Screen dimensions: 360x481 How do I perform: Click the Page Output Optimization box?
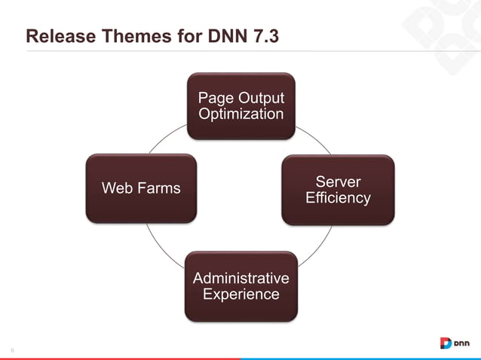(x=240, y=105)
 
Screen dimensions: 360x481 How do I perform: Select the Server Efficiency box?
(x=337, y=190)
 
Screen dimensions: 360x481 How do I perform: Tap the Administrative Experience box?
(x=240, y=286)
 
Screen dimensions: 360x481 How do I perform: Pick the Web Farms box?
(x=141, y=188)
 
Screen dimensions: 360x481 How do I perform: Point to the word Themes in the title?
(x=128, y=35)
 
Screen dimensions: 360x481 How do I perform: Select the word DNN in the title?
(x=227, y=35)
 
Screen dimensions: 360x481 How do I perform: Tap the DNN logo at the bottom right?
(x=455, y=343)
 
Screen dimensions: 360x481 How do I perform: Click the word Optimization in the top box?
(x=240, y=114)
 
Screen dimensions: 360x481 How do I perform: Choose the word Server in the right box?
(x=337, y=182)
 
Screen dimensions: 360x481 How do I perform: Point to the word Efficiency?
(x=337, y=198)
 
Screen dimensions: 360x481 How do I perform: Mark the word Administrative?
(x=240, y=278)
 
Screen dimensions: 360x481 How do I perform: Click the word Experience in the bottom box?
(x=240, y=294)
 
